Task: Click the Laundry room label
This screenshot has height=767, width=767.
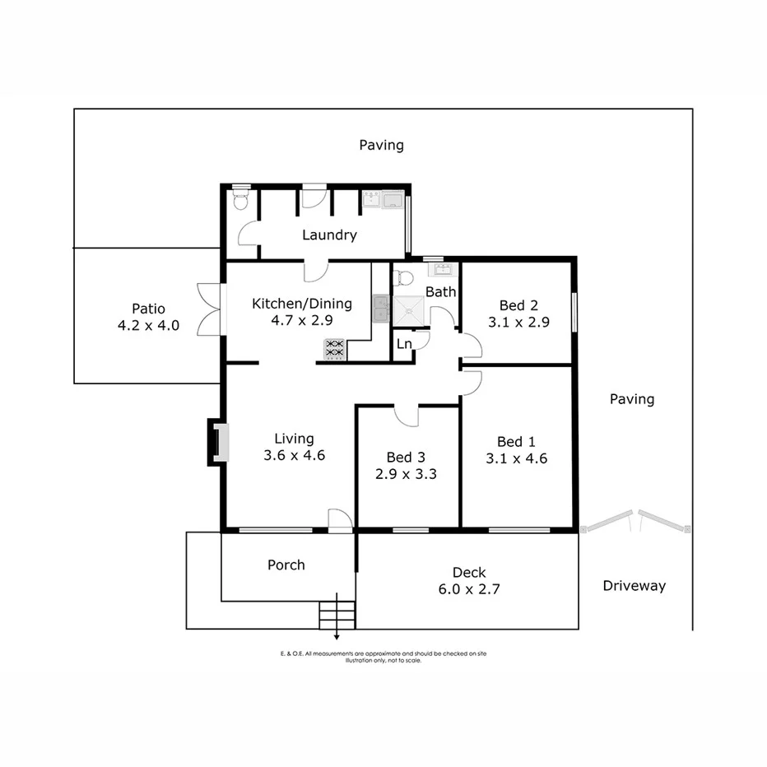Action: click(329, 235)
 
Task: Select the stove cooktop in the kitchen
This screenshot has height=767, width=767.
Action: click(334, 350)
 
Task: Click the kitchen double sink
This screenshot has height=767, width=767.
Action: click(380, 309)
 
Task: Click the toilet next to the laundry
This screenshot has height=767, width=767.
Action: click(240, 199)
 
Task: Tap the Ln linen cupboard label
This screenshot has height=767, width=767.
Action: click(404, 344)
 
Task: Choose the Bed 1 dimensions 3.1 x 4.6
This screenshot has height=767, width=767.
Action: click(517, 458)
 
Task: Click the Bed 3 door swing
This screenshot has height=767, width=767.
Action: click(407, 416)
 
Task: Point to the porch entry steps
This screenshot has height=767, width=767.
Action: click(337, 614)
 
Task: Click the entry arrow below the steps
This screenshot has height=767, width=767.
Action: click(337, 635)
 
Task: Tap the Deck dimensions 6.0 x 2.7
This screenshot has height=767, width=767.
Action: click(469, 589)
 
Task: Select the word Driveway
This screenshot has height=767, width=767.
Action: click(634, 586)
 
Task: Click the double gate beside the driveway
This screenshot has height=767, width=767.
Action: click(635, 520)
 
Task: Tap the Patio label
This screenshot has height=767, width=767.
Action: click(148, 309)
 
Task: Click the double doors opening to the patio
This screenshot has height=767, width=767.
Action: click(211, 309)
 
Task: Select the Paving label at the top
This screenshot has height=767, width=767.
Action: click(381, 145)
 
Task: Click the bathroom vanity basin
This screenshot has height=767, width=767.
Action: click(441, 268)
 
